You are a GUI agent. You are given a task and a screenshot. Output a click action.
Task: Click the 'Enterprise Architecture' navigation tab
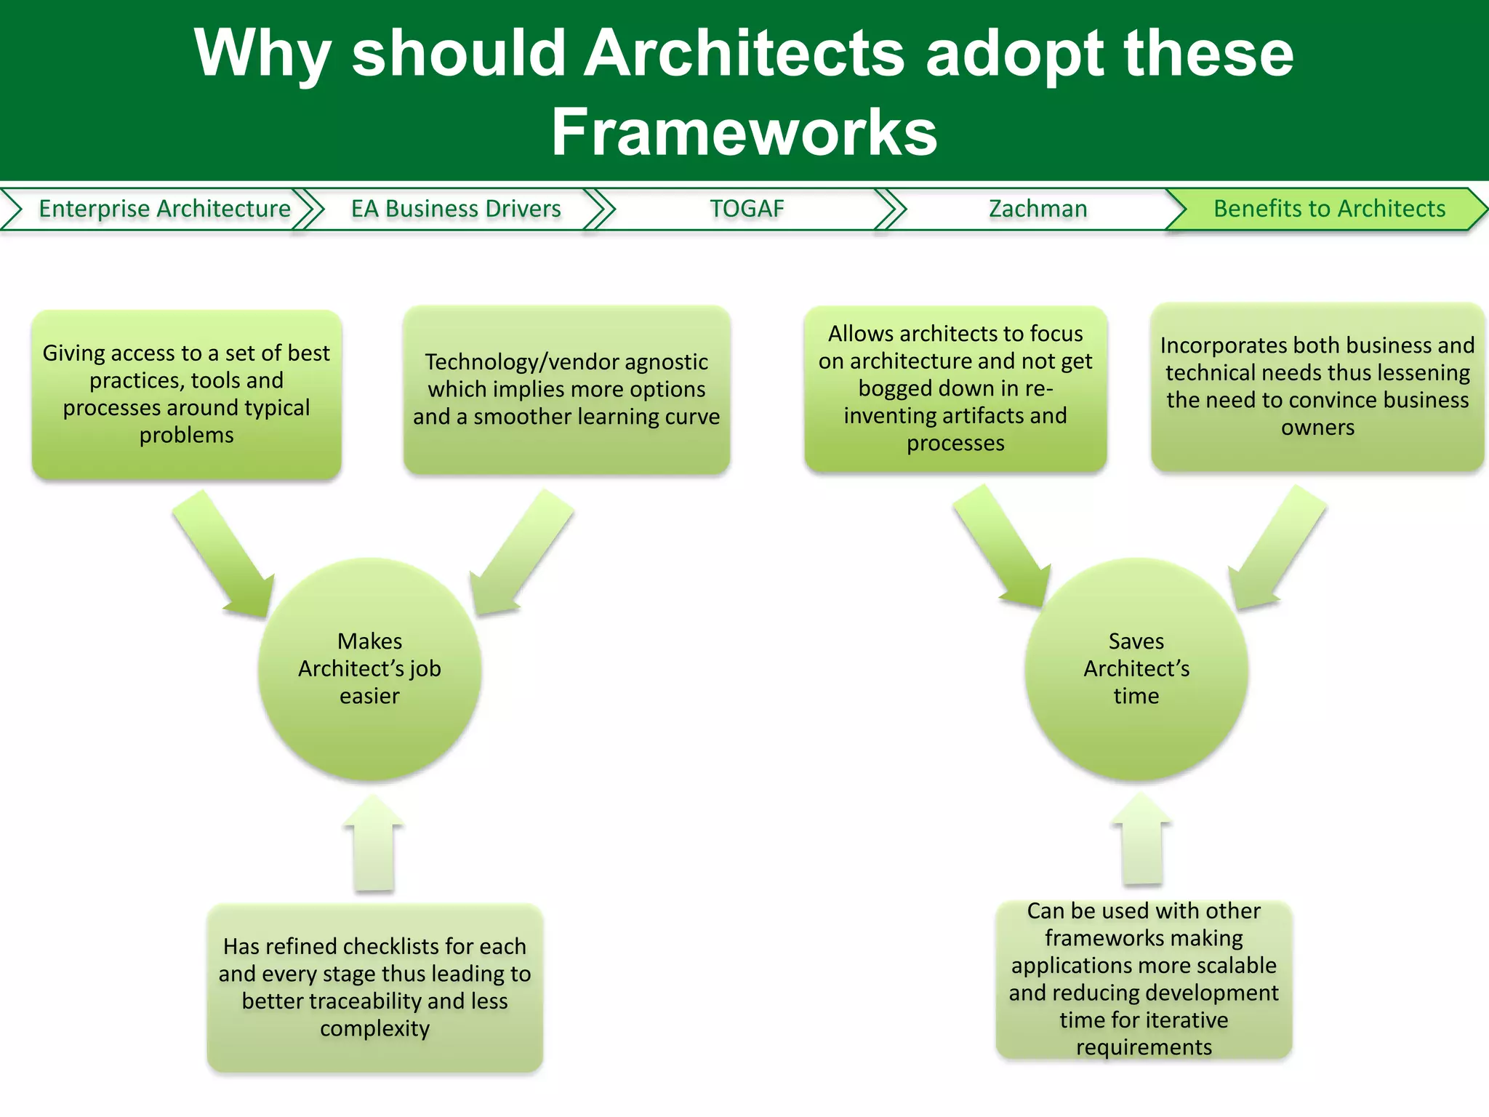(164, 209)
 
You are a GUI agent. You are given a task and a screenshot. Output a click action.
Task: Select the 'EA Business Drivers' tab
(456, 209)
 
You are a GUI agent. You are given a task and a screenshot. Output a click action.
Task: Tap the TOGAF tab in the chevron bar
(747, 209)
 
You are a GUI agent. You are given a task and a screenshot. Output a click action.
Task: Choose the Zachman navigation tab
(1038, 209)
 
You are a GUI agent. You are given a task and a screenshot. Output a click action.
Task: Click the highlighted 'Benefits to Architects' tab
(1329, 209)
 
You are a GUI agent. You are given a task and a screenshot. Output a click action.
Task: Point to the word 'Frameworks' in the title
(744, 132)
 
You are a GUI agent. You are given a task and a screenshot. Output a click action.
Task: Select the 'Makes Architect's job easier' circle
(369, 669)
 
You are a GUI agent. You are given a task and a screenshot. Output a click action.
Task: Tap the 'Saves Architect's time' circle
(1136, 669)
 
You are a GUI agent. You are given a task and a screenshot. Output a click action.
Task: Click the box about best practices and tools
(186, 394)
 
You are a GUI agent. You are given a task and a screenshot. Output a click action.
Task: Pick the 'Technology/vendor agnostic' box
(566, 390)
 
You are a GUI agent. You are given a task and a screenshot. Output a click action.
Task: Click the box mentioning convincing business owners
(1317, 387)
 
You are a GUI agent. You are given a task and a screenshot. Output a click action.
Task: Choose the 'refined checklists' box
(374, 988)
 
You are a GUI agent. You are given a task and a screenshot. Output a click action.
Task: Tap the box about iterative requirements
(1144, 979)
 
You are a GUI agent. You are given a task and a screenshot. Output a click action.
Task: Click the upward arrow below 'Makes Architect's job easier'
(374, 844)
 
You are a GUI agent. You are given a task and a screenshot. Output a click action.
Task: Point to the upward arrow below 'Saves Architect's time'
(1141, 840)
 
